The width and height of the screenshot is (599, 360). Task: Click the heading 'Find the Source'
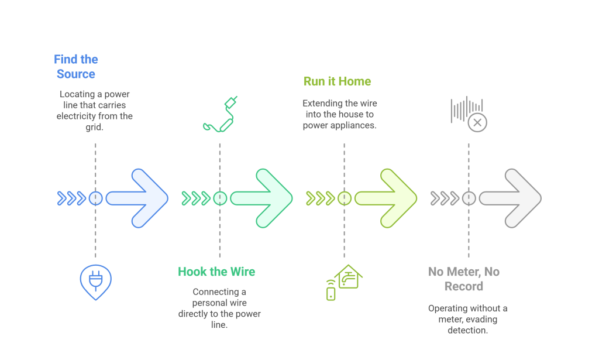point(76,67)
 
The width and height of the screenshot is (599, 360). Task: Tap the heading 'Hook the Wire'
point(216,272)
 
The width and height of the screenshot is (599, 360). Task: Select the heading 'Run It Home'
point(337,81)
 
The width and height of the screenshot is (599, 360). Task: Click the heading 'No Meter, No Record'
point(464,279)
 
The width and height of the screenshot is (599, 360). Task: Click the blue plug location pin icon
point(95,281)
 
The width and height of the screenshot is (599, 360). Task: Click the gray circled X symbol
point(477,123)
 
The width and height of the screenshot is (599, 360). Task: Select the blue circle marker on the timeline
point(95,198)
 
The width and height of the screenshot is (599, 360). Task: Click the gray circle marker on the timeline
point(469,198)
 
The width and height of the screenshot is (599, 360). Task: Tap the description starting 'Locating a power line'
point(95,111)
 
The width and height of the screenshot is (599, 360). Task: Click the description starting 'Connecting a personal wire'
point(219,308)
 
